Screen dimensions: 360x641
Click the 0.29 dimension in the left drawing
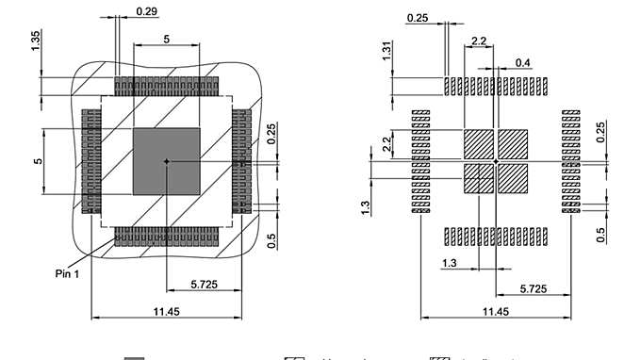tap(146, 11)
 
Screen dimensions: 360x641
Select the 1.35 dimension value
tap(36, 42)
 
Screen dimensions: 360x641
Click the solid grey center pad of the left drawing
tap(166, 161)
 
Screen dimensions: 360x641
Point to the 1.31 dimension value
tap(387, 50)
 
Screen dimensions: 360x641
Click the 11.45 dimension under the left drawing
tap(166, 311)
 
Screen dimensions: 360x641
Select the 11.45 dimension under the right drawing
tap(496, 311)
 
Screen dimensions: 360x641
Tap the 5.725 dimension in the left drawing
tap(205, 283)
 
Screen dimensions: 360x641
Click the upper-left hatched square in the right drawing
tap(478, 143)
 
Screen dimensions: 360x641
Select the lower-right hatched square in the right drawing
tap(513, 178)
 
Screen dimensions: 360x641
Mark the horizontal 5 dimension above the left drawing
tap(167, 40)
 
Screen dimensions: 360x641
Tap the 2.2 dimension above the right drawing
tap(478, 41)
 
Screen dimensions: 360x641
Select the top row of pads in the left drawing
tap(167, 85)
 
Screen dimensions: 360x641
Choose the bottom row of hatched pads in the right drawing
tap(496, 237)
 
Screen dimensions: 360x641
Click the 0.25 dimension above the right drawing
tap(418, 18)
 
